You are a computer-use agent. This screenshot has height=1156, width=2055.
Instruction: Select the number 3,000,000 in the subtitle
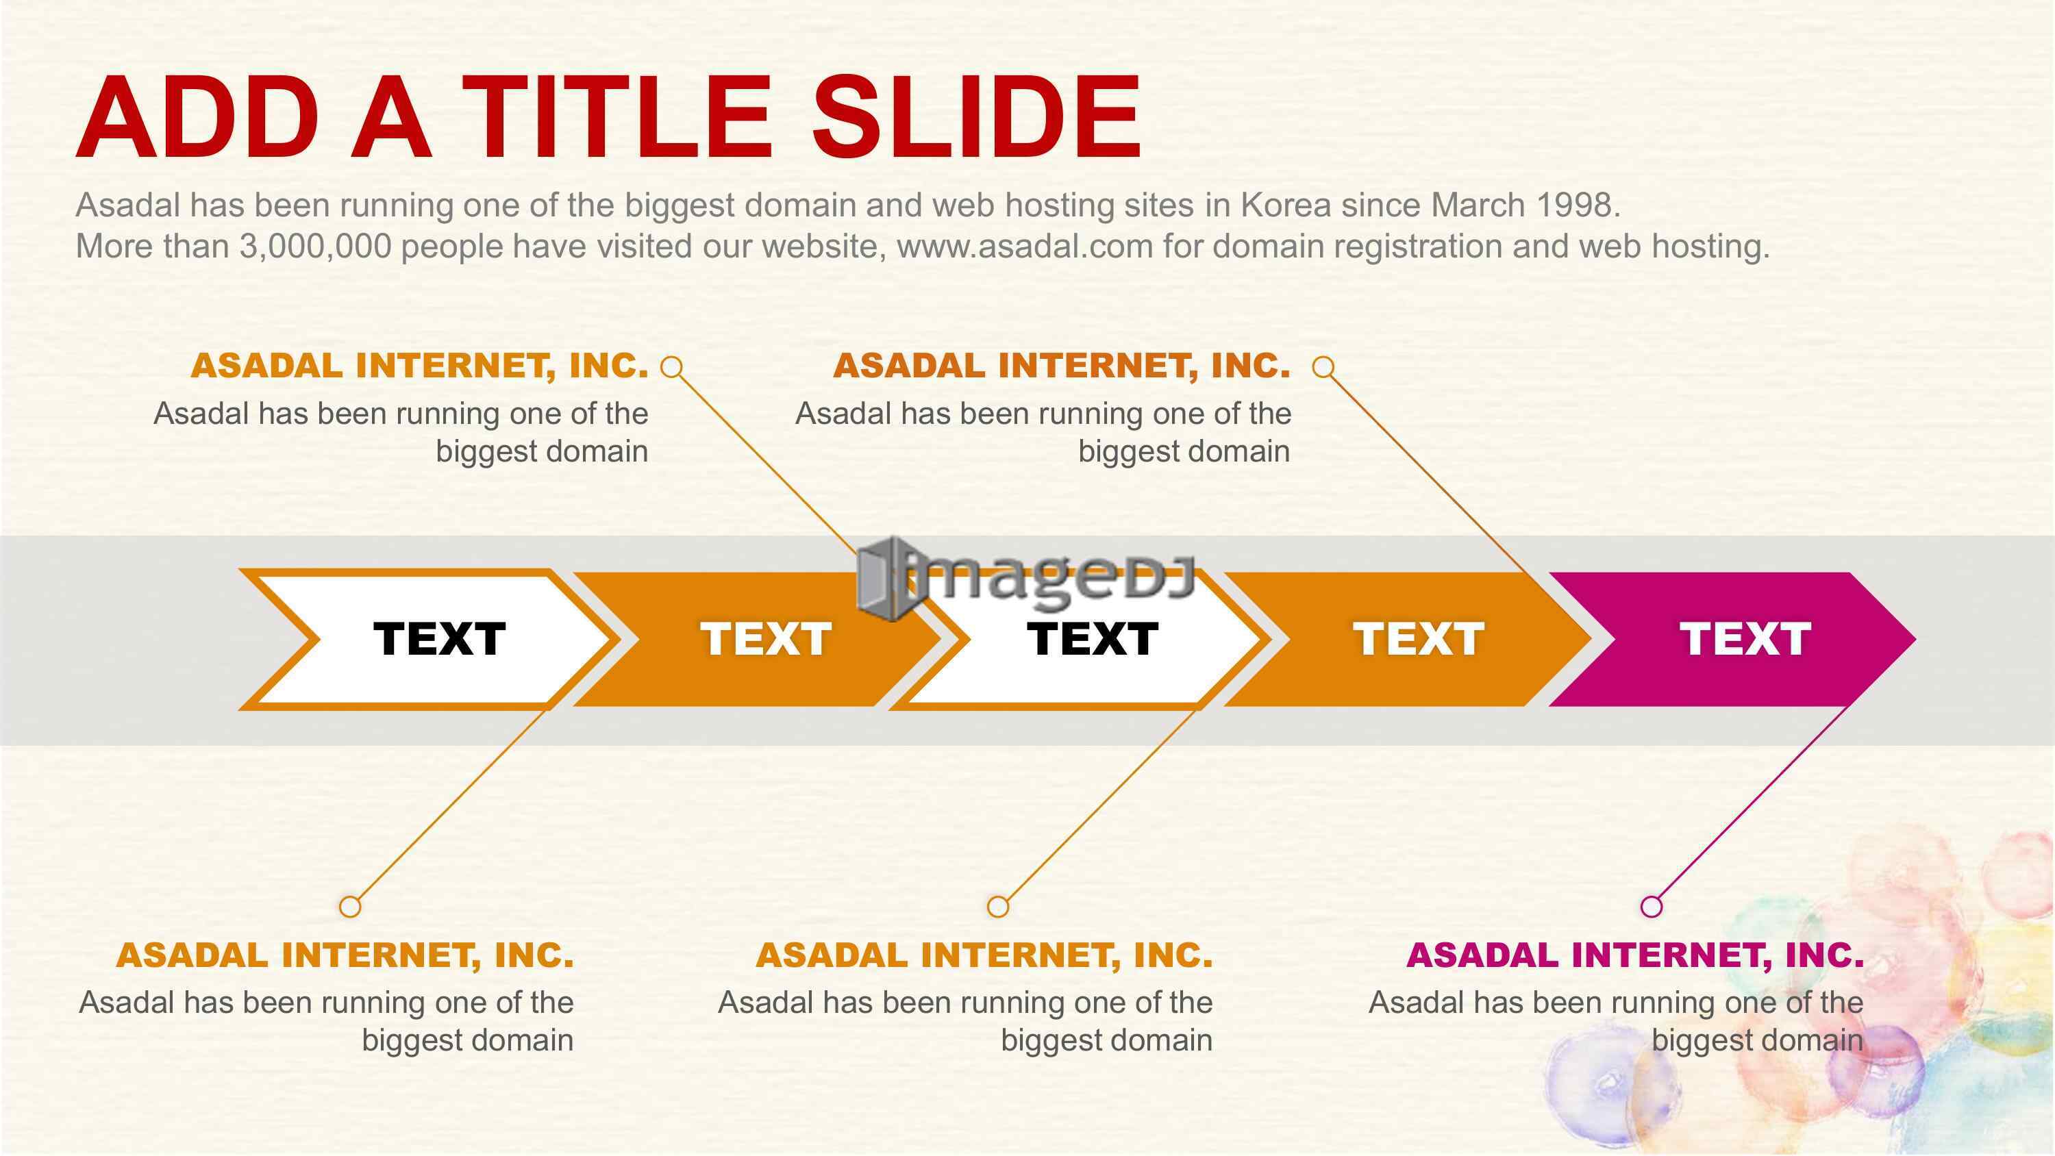[x=316, y=247]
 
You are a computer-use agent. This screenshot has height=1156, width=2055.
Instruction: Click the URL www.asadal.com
[x=1025, y=246]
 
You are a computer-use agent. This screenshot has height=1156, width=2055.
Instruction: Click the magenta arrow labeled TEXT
[x=1731, y=639]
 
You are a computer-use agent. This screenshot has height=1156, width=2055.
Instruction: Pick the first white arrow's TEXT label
[x=440, y=639]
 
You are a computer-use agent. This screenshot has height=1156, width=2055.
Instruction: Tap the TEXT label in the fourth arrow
[x=1419, y=639]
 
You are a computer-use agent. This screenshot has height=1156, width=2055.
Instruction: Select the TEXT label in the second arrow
[x=766, y=639]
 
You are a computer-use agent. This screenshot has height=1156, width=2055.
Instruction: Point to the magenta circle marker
[x=1652, y=906]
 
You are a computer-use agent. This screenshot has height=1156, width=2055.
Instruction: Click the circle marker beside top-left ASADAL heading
[x=673, y=367]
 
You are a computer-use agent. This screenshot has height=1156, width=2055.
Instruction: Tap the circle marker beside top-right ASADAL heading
[x=1323, y=367]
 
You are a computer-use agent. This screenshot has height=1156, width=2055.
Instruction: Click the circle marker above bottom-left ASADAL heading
[x=349, y=906]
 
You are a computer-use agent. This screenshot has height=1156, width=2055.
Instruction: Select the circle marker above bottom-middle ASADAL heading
[x=998, y=906]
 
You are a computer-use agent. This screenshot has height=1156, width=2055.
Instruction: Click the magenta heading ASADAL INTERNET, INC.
[x=1634, y=955]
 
